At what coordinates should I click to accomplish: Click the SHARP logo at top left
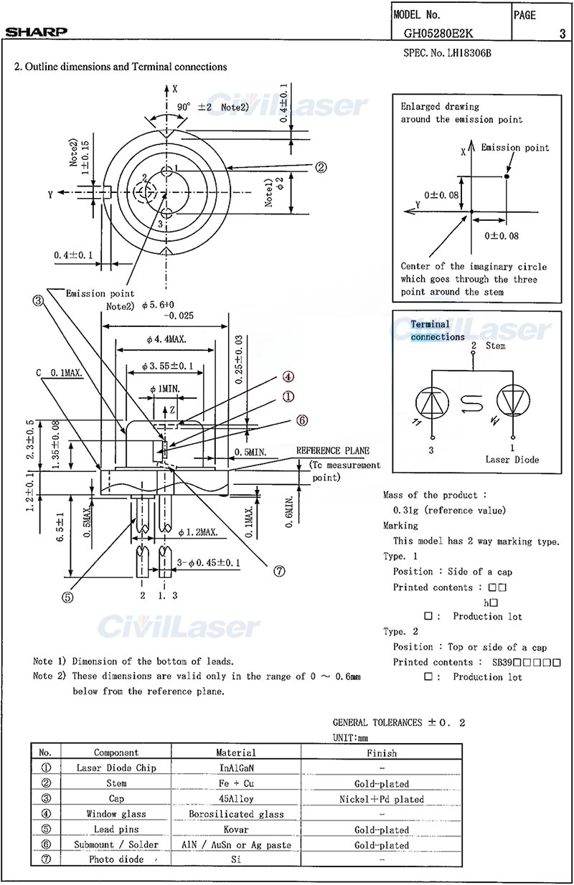click(37, 32)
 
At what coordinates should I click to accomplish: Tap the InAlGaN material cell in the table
click(236, 767)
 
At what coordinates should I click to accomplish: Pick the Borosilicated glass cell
click(236, 814)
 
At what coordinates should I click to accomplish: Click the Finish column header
click(380, 752)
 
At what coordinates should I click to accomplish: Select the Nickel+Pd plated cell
click(381, 799)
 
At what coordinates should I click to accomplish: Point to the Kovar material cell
click(236, 829)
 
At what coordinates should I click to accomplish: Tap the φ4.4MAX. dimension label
click(167, 339)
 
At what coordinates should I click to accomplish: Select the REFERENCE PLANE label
click(333, 450)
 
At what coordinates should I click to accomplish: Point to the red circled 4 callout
click(288, 377)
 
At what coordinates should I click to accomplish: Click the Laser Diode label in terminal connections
click(512, 459)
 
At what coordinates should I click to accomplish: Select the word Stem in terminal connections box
click(496, 346)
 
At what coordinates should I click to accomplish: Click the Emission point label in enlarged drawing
click(514, 148)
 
